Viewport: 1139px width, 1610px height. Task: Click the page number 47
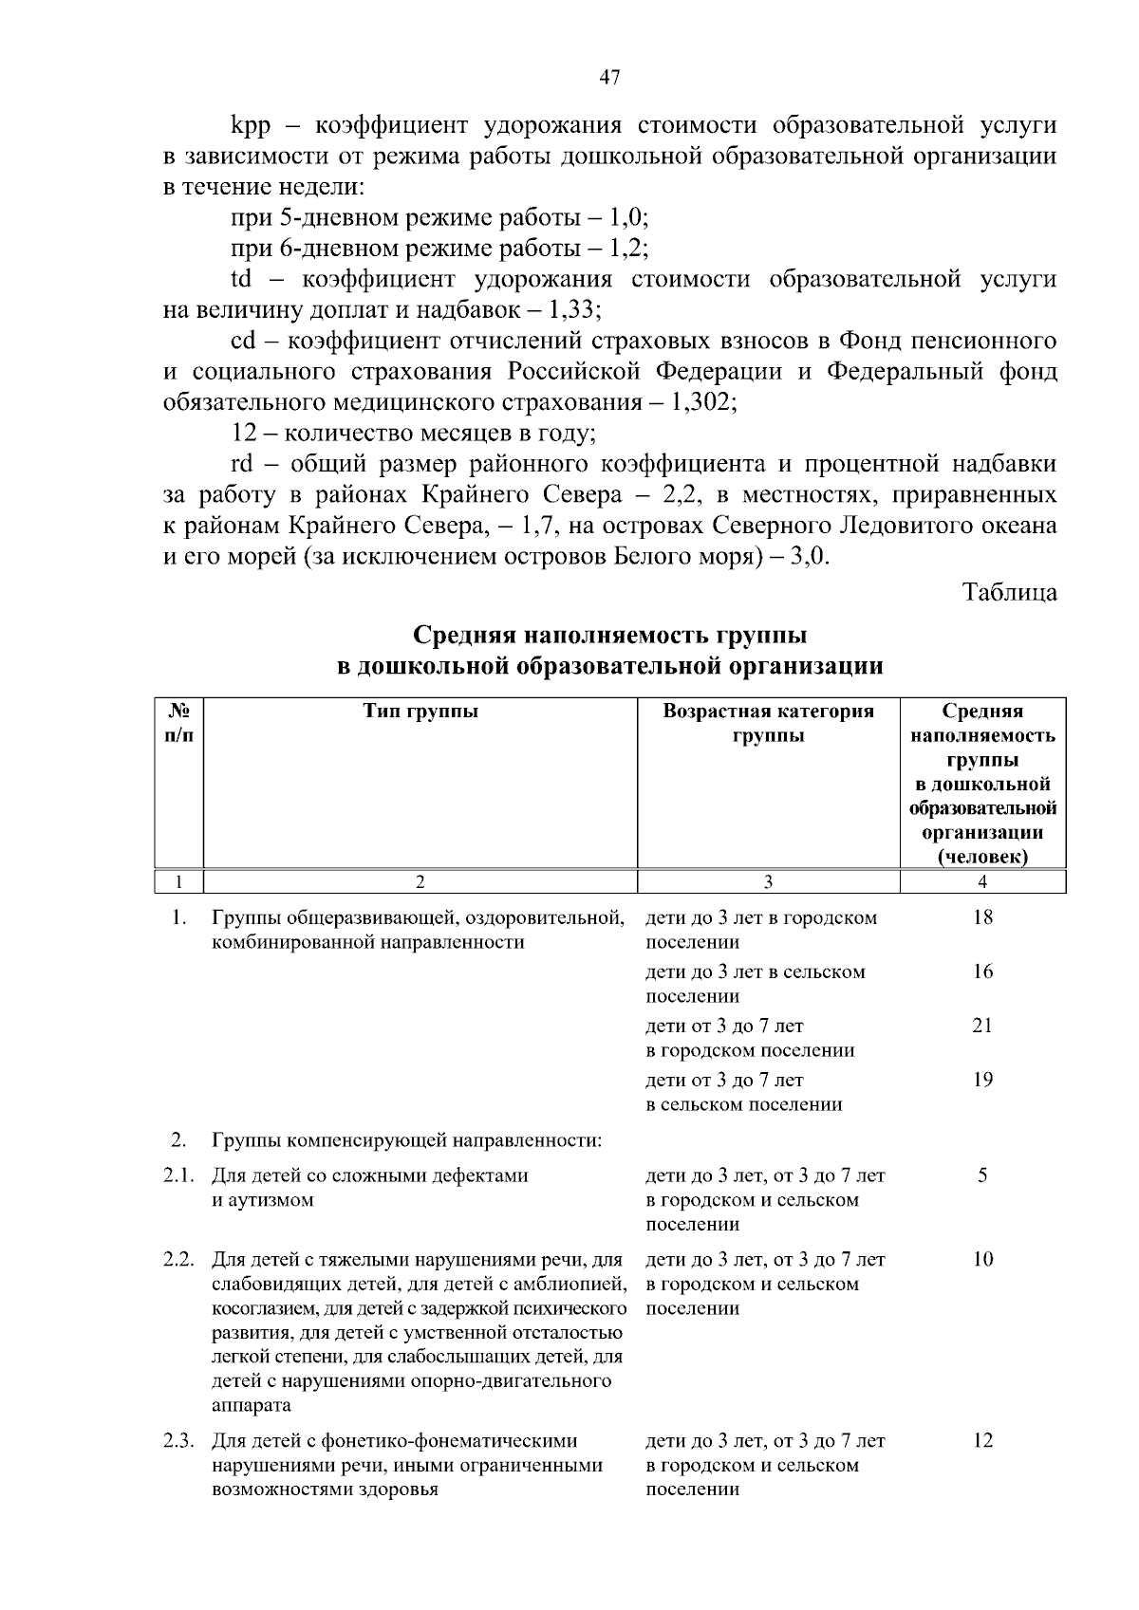(x=609, y=78)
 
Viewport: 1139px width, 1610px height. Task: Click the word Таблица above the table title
(x=1010, y=592)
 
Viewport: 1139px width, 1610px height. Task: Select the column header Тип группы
(x=420, y=712)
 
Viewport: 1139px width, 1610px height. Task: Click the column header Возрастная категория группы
(x=768, y=724)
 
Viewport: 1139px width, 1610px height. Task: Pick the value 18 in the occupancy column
(x=982, y=917)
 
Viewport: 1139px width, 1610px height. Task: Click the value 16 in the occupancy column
(x=982, y=972)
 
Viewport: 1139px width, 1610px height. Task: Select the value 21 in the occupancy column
(x=982, y=1026)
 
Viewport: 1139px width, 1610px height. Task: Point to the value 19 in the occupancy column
(x=982, y=1080)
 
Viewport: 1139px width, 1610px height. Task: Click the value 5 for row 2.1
(x=982, y=1175)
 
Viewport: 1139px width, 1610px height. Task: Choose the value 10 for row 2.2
(x=982, y=1260)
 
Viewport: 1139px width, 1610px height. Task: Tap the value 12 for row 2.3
(x=982, y=1440)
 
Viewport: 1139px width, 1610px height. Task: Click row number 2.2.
(x=178, y=1260)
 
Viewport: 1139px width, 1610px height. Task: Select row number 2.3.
(x=178, y=1440)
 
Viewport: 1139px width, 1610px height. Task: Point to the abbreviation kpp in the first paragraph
(x=252, y=125)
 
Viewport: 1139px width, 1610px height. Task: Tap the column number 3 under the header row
(x=768, y=882)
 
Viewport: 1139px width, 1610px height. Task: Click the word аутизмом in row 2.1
(x=262, y=1200)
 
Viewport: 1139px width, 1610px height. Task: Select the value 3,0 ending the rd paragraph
(x=812, y=557)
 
